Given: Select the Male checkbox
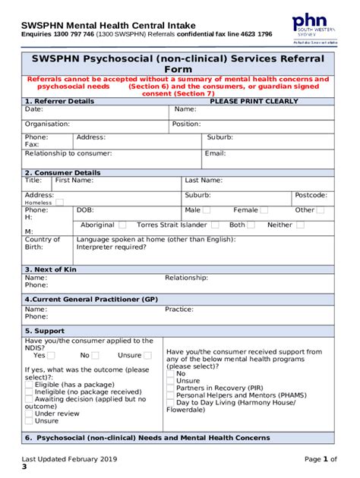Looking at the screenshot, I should tap(209, 210).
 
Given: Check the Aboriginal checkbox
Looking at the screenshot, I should tap(122, 225).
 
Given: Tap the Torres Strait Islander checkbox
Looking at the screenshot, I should tap(215, 225).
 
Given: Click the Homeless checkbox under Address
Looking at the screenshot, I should tap(60, 203).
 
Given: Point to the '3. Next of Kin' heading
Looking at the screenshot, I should tap(52, 269).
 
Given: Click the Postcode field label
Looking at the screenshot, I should tap(311, 195).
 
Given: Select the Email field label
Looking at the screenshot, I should tap(215, 153).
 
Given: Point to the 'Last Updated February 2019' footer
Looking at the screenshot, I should tap(69, 459).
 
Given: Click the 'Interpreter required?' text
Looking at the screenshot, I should tap(112, 247).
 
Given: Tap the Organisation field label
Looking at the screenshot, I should tap(47, 124).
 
